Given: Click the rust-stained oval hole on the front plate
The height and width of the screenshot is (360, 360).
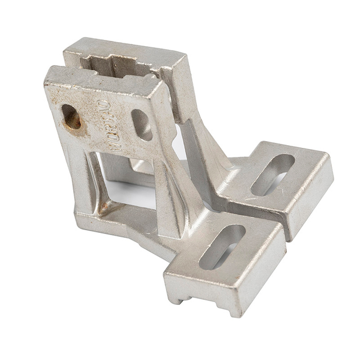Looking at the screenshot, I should [71, 117].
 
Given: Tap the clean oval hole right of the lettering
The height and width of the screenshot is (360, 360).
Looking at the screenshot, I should [142, 124].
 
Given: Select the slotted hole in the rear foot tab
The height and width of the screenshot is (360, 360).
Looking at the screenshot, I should [272, 174].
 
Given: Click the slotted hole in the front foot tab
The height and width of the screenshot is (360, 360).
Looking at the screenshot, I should [222, 246].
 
